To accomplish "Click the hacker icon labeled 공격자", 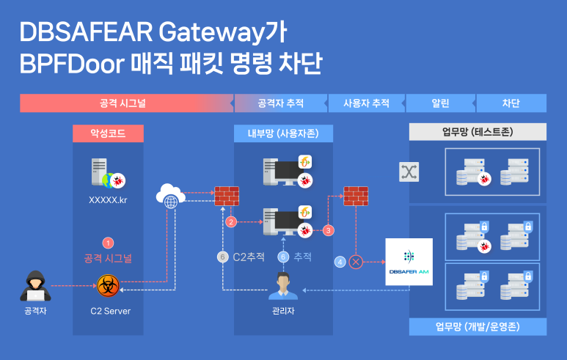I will tap(34, 287).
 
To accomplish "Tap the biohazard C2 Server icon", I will tap(108, 286).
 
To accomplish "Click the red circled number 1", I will tap(108, 243).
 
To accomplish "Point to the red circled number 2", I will tap(231, 221).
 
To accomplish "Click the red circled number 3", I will tap(329, 230).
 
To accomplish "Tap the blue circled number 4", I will tap(340, 261).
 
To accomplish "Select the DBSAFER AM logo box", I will tap(409, 262).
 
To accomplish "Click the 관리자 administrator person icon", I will tap(282, 286).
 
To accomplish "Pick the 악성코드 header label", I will tap(108, 133).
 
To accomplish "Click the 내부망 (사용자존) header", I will tap(282, 133).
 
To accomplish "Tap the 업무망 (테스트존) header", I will tap(477, 133).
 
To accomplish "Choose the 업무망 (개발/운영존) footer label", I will tap(477, 326).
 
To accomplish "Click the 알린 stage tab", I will tap(440, 103).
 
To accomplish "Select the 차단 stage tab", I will tap(511, 103).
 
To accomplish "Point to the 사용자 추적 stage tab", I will tap(366, 103).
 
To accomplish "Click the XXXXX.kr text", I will tap(108, 199).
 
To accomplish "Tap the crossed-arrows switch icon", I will tap(408, 172).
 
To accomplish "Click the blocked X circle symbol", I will tap(357, 261).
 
